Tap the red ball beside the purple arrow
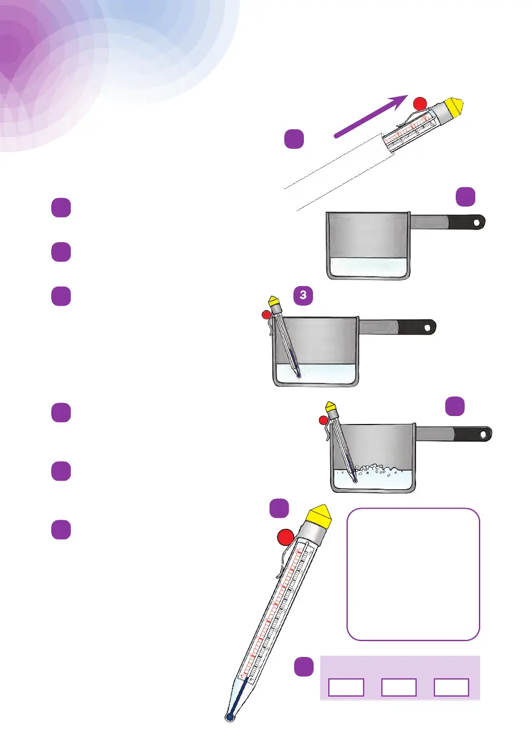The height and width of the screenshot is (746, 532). [420, 104]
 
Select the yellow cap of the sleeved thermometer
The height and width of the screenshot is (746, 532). [456, 109]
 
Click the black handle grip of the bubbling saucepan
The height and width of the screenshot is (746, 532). [472, 434]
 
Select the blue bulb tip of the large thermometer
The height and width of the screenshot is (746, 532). [230, 717]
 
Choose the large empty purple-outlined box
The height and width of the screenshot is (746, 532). [414, 574]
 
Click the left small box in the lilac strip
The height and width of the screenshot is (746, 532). [347, 687]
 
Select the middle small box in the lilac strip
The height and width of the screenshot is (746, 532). [399, 687]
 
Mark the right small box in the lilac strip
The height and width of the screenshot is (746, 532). [451, 687]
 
